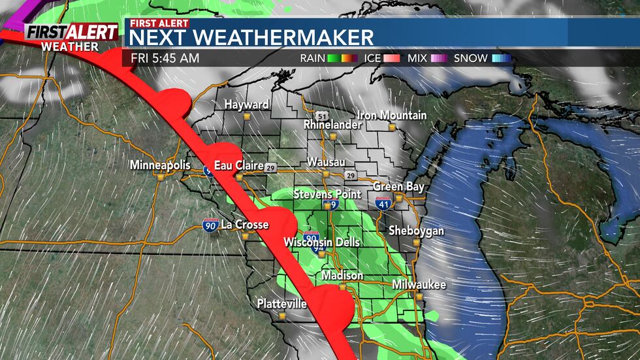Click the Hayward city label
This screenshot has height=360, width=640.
[246, 105]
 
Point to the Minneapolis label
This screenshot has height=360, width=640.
[160, 165]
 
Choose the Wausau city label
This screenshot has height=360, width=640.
[326, 162]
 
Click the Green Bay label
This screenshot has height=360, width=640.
[398, 187]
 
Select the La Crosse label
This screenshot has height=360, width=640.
[245, 225]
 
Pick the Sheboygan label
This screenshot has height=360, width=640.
[416, 231]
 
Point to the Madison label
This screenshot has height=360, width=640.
[342, 276]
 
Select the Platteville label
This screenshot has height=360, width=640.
[281, 304]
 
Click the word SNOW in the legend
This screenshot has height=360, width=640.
[471, 58]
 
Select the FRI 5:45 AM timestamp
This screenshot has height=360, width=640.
[165, 58]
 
